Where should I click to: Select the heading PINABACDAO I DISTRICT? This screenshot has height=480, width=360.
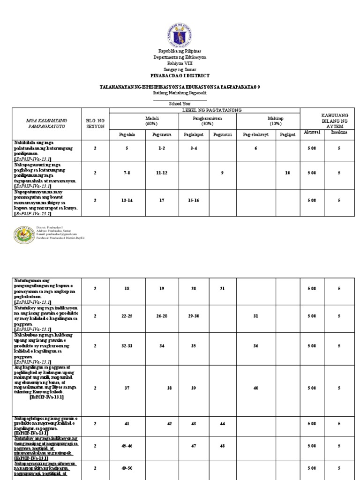click(x=180, y=75)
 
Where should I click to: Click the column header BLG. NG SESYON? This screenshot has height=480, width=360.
click(x=95, y=124)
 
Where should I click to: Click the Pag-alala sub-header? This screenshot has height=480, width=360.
click(x=127, y=134)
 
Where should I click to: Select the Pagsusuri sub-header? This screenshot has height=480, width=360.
click(x=222, y=134)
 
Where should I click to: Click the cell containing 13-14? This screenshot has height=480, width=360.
click(x=127, y=200)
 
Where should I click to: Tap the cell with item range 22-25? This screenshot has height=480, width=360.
click(x=127, y=316)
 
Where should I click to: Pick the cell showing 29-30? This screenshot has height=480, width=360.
click(x=194, y=316)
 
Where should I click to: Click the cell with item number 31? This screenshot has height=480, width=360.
click(x=256, y=316)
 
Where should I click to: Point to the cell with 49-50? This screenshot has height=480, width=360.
click(x=127, y=468)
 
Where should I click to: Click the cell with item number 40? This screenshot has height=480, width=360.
click(x=256, y=388)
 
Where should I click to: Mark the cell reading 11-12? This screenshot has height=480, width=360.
click(x=162, y=173)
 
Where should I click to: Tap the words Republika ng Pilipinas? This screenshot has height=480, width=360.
click(x=180, y=51)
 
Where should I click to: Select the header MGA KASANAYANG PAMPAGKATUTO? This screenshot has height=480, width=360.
click(x=46, y=124)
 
